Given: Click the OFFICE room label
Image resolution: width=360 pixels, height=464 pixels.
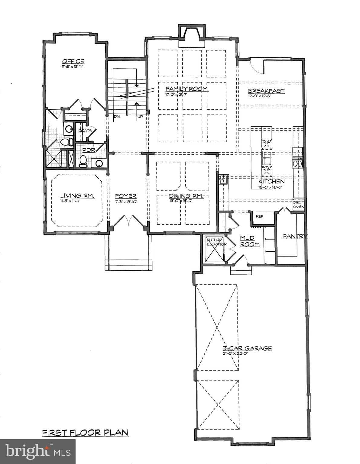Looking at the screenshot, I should (73, 61).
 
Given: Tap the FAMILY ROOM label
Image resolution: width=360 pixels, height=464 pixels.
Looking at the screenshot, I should (186, 89).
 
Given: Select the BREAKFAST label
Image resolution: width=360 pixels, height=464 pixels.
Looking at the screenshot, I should (266, 91).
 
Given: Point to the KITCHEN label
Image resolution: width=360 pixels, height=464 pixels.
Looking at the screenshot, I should (271, 181).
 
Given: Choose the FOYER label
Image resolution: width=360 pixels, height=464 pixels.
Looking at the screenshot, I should (125, 196).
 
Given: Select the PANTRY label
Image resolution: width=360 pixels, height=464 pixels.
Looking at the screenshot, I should (294, 237).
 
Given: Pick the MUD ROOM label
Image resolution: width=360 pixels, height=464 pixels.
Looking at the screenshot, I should (250, 241).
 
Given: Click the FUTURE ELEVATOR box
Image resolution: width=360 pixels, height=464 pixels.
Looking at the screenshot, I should (214, 249).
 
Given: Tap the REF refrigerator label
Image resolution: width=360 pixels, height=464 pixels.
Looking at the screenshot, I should (259, 216).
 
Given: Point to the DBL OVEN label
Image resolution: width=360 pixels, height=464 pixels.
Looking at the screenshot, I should (298, 205).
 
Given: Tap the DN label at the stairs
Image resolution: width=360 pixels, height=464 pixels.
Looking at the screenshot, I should (117, 116).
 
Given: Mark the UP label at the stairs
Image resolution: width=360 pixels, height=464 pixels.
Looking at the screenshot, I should (140, 116).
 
